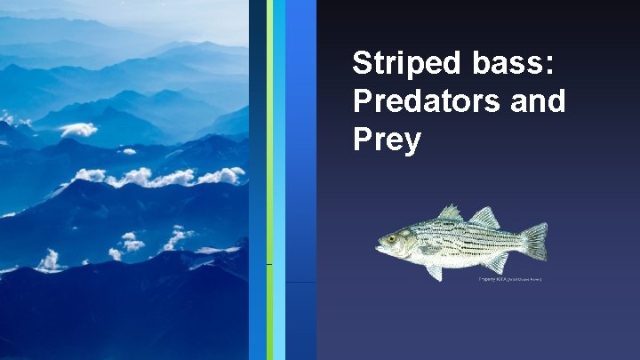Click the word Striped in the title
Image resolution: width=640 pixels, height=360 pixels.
(404, 64)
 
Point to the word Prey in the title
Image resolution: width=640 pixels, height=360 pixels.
(386, 140)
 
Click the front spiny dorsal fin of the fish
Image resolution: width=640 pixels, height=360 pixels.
(452, 213)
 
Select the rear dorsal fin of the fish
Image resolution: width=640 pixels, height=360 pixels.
(486, 217)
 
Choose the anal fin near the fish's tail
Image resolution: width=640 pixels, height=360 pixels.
(495, 262)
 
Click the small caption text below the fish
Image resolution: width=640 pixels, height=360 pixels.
(510, 278)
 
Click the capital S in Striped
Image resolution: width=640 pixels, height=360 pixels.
(362, 64)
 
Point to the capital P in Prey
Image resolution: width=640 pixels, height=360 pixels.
(362, 139)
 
